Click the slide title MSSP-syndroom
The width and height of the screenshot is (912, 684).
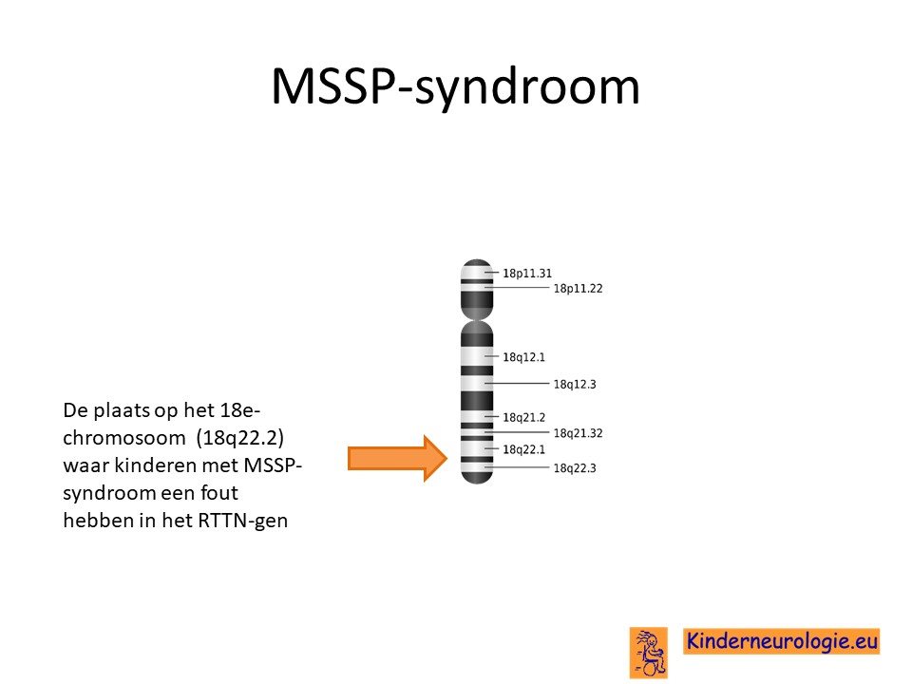tap(455, 87)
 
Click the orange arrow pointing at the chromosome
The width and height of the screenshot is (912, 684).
tap(398, 458)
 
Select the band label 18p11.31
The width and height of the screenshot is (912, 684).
tap(527, 274)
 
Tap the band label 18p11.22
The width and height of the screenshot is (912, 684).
tap(578, 289)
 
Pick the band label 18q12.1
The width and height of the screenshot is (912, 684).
tap(524, 357)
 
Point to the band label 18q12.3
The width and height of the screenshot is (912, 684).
tap(575, 385)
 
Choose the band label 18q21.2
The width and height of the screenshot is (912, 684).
tap(524, 418)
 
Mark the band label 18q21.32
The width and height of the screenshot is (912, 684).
tap(578, 433)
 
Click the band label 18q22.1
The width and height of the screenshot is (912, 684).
tap(524, 449)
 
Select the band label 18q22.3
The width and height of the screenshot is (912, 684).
tap(575, 468)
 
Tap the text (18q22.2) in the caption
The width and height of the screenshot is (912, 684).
tap(239, 437)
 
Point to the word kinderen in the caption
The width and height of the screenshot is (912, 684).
tap(155, 465)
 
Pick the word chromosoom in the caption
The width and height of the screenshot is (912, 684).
tap(123, 437)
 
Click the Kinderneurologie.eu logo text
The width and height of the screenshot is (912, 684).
tap(781, 641)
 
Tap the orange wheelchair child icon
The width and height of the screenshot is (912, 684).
tap(649, 653)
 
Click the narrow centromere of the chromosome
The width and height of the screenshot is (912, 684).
tap(477, 319)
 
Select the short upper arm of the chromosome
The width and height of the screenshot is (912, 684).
tap(477, 287)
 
